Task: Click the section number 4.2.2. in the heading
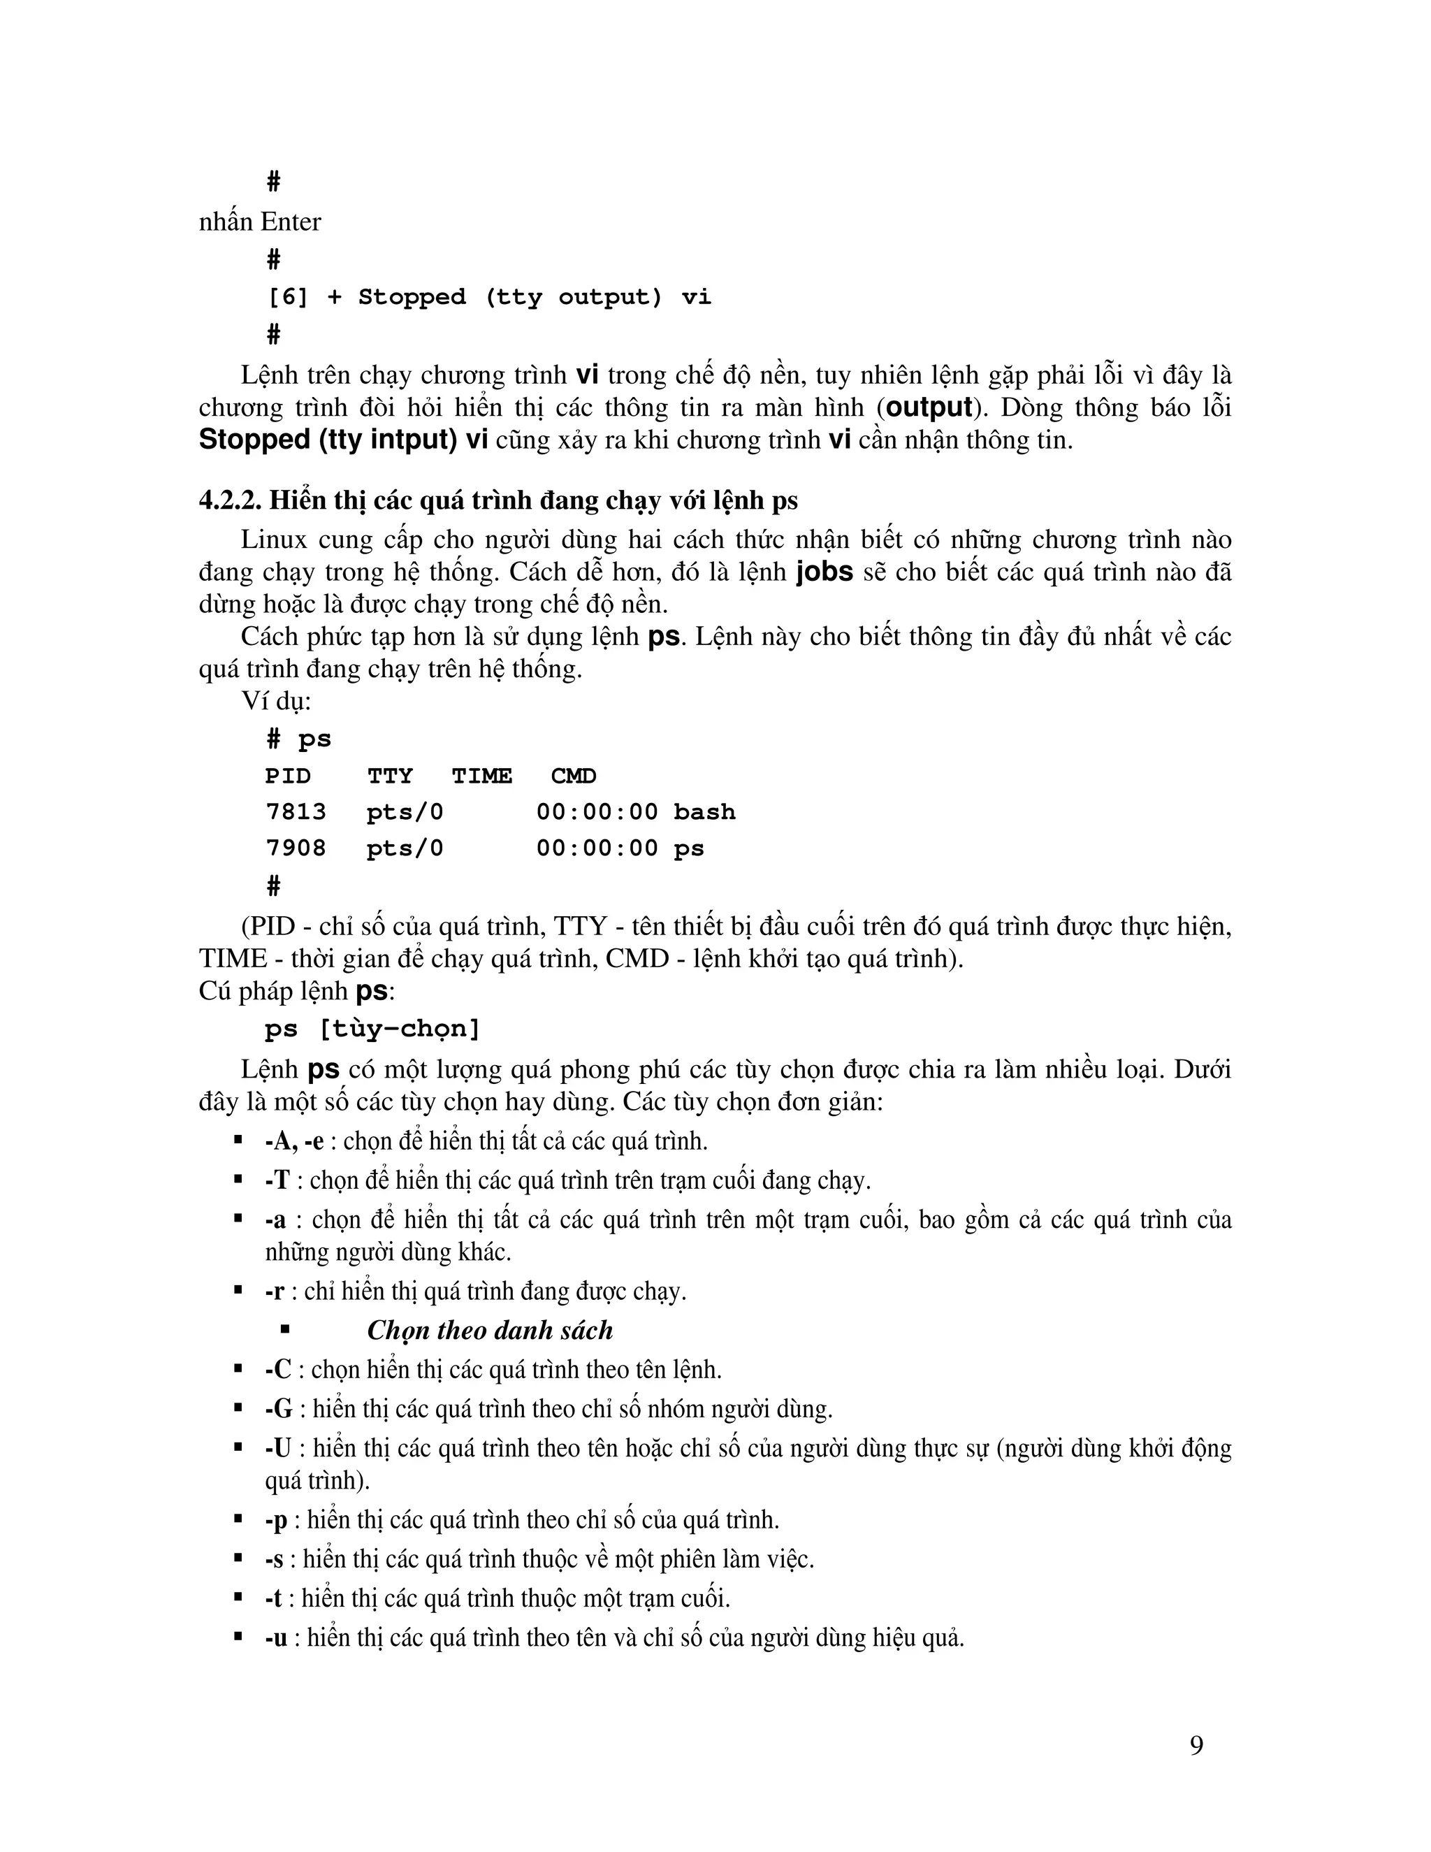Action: point(230,500)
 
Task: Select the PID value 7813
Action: point(296,811)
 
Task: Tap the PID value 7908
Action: point(296,848)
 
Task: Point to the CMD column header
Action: point(573,776)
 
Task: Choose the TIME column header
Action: point(481,776)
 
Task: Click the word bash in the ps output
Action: point(704,811)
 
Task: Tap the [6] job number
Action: point(289,297)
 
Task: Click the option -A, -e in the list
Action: point(294,1141)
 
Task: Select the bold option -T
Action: point(277,1180)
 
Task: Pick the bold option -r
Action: point(274,1292)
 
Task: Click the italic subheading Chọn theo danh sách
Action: point(490,1331)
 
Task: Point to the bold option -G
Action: point(278,1408)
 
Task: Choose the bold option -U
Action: point(278,1447)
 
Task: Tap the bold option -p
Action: point(277,1519)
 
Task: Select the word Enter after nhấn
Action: point(291,222)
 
